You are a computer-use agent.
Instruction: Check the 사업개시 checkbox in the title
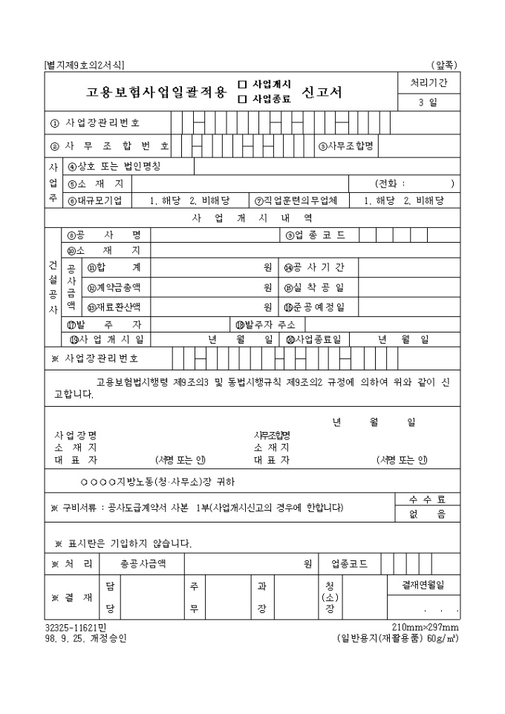click(242, 85)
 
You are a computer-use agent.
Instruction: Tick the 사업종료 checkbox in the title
click(242, 98)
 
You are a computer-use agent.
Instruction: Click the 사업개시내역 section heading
click(252, 218)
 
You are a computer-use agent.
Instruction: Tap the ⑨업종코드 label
click(315, 235)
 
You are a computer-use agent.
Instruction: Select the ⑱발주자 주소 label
click(265, 324)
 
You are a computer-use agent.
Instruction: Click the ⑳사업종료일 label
click(313, 339)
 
